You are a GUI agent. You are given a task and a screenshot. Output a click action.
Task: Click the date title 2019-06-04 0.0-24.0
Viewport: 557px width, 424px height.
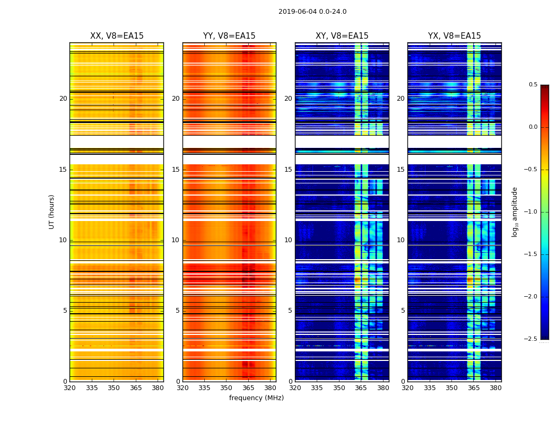click(x=312, y=12)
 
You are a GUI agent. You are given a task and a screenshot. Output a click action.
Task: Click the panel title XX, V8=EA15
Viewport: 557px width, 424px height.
click(x=117, y=36)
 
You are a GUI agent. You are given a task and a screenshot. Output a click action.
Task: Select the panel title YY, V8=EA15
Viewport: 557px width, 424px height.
click(x=229, y=36)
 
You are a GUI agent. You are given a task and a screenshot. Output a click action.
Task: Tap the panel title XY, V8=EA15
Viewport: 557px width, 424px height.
click(x=342, y=36)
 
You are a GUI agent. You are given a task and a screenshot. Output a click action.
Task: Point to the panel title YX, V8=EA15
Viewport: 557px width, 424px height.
click(x=455, y=36)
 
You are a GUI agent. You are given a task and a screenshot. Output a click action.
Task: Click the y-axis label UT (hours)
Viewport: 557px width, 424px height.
click(x=51, y=211)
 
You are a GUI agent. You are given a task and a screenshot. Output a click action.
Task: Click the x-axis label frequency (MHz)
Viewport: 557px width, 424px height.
click(x=256, y=398)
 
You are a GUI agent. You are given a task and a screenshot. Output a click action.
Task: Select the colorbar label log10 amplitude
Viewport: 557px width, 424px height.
click(x=515, y=211)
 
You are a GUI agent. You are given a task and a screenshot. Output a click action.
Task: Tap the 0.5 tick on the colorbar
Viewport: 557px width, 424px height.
click(x=533, y=85)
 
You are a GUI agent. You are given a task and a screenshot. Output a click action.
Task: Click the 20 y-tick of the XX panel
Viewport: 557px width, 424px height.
click(x=63, y=99)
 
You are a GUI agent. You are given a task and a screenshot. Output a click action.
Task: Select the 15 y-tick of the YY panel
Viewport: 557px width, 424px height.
click(x=176, y=170)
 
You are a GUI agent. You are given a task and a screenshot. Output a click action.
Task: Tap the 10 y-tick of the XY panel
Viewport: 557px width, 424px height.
click(x=288, y=240)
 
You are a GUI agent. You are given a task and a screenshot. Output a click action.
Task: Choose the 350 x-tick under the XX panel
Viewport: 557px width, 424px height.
click(x=114, y=387)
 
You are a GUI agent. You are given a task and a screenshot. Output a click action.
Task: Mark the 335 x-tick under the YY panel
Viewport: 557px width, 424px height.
click(x=204, y=387)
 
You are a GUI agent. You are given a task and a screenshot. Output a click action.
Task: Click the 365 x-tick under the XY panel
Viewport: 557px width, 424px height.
click(x=361, y=387)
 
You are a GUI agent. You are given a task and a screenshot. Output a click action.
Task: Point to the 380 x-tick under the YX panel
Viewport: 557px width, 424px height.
click(x=495, y=387)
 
